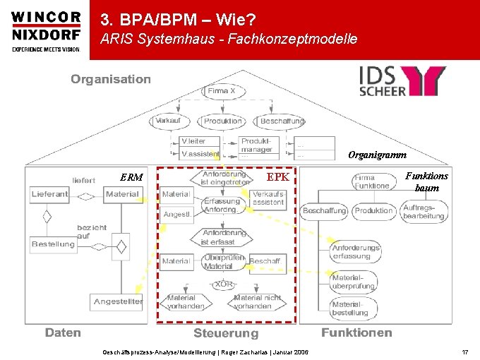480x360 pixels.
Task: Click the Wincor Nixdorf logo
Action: pyautogui.click(x=46, y=31)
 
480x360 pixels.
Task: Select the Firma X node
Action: pyautogui.click(x=227, y=91)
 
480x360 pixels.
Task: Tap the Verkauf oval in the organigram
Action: pyautogui.click(x=169, y=121)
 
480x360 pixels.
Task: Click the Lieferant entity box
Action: pyautogui.click(x=49, y=194)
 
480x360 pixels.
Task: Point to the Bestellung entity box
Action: pyautogui.click(x=53, y=244)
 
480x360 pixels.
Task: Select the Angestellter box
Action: pyautogui.click(x=118, y=301)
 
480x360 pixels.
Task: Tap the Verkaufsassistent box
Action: pyautogui.click(x=268, y=198)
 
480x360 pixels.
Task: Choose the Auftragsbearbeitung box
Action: pyautogui.click(x=424, y=211)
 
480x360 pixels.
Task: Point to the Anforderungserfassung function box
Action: pyautogui.click(x=356, y=253)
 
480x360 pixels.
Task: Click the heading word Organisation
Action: pyautogui.click(x=111, y=79)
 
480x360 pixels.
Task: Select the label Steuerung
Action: pyautogui.click(x=226, y=333)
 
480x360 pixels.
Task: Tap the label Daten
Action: pyautogui.click(x=64, y=332)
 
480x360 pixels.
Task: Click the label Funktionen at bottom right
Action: pyautogui.click(x=356, y=332)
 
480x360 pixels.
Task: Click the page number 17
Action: pyautogui.click(x=464, y=352)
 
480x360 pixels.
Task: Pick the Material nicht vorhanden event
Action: pyautogui.click(x=257, y=302)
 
